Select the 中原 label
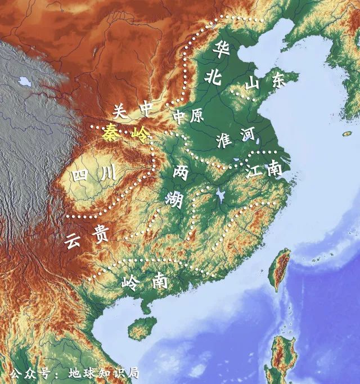point(188,117)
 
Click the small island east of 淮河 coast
point(347,134)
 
